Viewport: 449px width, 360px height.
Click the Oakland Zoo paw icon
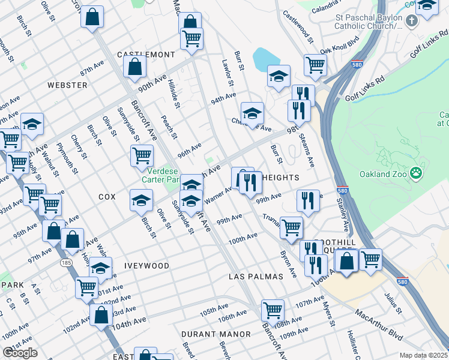(417, 174)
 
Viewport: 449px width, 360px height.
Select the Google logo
(20, 353)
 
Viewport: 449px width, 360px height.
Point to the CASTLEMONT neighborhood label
(146, 55)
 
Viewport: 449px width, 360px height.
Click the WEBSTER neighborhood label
(67, 85)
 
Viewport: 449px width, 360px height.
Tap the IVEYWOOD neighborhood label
(146, 265)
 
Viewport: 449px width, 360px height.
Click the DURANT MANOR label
(217, 334)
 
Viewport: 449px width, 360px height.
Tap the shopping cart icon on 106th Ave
(273, 310)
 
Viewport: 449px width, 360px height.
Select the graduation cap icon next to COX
(141, 199)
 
